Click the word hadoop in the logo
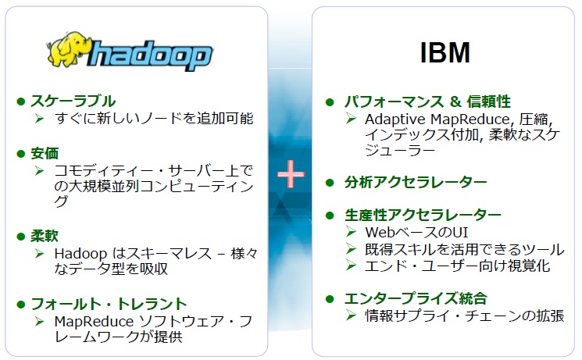tap(152, 56)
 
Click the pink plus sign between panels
tap(290, 174)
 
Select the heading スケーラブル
tap(73, 101)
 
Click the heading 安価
tap(45, 152)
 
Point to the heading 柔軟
tap(45, 235)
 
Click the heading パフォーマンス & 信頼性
tap(428, 102)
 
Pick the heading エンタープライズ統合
tap(416, 298)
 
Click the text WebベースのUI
tap(405, 233)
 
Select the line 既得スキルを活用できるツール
tap(464, 249)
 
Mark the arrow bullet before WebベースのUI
tap(352, 233)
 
